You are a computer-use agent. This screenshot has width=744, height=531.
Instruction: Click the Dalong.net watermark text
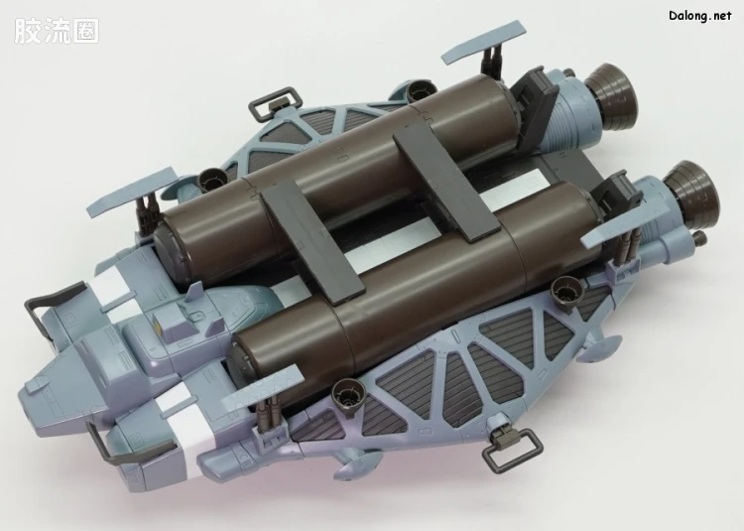click(700, 16)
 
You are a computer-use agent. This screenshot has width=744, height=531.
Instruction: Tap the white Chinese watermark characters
click(57, 32)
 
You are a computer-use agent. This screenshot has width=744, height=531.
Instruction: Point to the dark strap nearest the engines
click(445, 188)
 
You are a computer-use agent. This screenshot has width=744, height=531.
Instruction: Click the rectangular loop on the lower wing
click(512, 448)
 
